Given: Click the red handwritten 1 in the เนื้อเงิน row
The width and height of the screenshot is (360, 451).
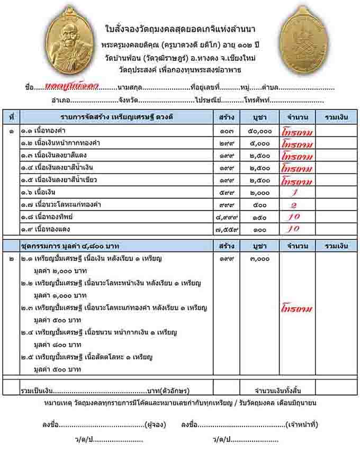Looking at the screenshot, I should (x=294, y=193).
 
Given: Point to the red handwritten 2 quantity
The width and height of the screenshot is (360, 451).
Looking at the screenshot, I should (x=294, y=205).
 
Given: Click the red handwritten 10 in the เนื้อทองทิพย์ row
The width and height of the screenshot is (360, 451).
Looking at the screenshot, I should (x=294, y=217).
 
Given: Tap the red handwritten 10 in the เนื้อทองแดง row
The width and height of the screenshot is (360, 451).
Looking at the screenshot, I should (x=294, y=230).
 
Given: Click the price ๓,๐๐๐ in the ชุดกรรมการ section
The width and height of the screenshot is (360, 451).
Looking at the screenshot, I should (x=259, y=259).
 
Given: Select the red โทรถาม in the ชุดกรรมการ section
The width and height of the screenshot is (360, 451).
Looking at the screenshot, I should (x=297, y=309).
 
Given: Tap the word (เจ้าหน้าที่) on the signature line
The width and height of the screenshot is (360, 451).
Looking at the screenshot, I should (x=301, y=425).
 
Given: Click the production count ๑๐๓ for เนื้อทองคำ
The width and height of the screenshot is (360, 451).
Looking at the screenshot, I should (x=224, y=131).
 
